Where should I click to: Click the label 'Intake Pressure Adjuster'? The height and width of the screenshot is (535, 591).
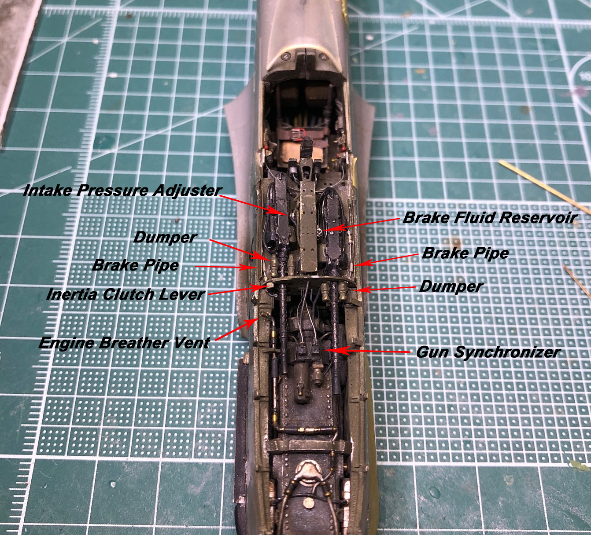coord(122,191)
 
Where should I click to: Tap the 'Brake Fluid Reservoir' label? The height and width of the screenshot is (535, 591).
coord(490,218)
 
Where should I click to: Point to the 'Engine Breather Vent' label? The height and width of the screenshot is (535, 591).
coord(124,343)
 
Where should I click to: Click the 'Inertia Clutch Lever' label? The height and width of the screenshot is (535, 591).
coord(126,294)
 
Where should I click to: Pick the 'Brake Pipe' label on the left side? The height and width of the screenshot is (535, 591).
coord(136,265)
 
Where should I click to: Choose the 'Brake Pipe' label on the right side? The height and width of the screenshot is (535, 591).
coord(465,253)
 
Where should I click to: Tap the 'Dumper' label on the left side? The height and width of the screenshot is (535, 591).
coord(165,237)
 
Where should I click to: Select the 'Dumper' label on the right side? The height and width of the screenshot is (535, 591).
coord(451,286)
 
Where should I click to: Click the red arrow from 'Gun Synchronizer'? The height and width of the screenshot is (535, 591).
coord(367,351)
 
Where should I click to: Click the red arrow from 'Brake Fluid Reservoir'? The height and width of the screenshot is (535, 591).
coord(361,224)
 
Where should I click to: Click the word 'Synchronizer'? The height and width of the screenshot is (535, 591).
coord(507,352)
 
